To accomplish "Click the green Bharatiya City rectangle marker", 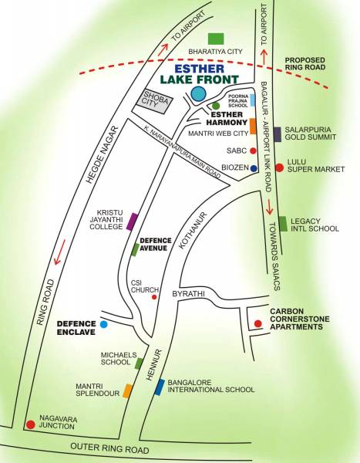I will coord(217,39).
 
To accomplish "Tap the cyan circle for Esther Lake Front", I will coord(198,94).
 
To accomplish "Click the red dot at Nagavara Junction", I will coord(30,424).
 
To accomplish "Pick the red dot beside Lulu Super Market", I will coord(279,167).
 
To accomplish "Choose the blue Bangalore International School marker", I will coord(159,387).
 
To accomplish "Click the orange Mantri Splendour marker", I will coord(127,390).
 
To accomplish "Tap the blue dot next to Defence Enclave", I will coord(103,325).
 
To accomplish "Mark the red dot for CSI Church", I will coord(154,296).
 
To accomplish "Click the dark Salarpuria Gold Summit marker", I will coord(278,134).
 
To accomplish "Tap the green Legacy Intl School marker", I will coord(283,224).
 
